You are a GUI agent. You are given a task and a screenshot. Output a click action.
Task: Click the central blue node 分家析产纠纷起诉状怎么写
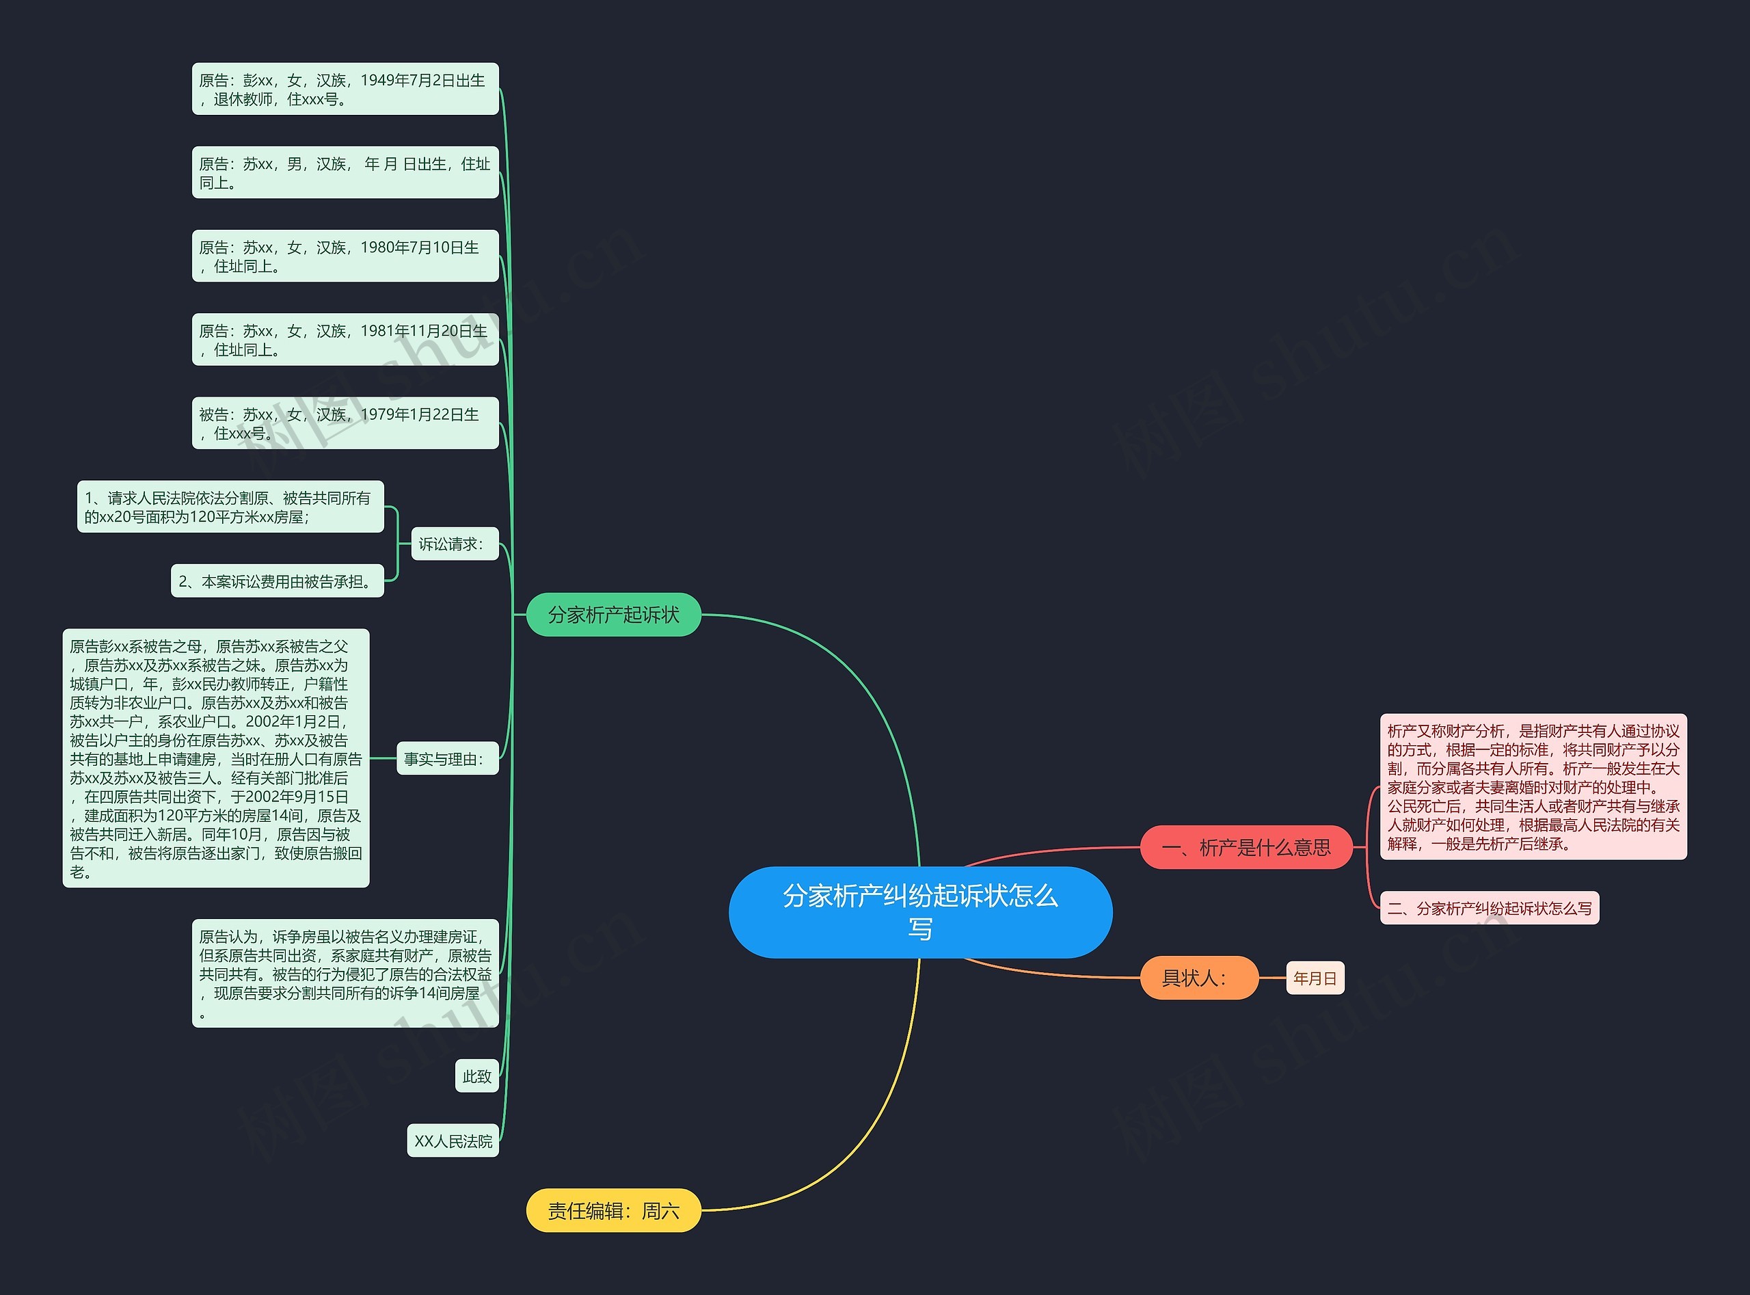tap(920, 911)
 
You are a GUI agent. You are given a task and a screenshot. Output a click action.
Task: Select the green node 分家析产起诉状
tap(614, 615)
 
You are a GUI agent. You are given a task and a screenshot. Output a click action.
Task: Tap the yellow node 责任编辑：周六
tap(614, 1210)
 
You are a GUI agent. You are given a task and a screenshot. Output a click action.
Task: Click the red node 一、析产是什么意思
tap(1246, 846)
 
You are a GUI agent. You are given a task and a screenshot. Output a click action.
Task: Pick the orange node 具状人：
tap(1199, 978)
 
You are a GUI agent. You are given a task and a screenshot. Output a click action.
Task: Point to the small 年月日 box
tap(1315, 978)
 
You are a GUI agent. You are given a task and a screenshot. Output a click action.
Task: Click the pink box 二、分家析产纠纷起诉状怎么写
tap(1489, 908)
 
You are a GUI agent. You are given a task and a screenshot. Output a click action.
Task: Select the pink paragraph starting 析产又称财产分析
tap(1533, 787)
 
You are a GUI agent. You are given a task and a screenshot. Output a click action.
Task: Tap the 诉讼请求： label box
tap(455, 544)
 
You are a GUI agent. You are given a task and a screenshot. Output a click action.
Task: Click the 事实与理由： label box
tap(448, 758)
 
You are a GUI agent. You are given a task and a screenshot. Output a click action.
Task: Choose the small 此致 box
tap(476, 1076)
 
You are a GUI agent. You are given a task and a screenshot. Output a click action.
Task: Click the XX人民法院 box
tap(453, 1140)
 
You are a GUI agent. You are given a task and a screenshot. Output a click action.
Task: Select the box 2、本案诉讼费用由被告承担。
tap(278, 581)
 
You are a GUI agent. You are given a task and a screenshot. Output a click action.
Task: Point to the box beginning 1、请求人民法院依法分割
tap(230, 507)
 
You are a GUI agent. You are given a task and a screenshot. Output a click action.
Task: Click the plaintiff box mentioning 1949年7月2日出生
tap(346, 89)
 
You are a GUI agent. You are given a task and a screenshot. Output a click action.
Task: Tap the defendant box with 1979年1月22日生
tap(346, 423)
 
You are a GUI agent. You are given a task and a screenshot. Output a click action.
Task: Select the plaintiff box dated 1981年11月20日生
tap(346, 339)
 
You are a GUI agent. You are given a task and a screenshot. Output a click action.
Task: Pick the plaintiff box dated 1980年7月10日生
tap(346, 256)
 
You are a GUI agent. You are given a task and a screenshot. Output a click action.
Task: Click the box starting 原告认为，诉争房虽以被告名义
tap(346, 974)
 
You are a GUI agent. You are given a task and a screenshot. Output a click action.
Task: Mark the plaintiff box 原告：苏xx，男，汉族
tap(346, 172)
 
